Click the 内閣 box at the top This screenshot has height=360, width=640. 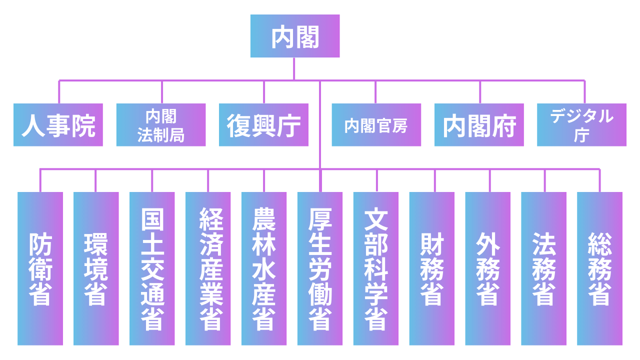(295, 36)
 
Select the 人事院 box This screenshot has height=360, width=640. (58, 125)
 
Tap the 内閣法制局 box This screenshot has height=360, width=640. (161, 125)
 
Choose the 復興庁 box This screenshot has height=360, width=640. (263, 125)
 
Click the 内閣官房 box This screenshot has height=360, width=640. (376, 125)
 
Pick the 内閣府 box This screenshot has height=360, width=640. (479, 125)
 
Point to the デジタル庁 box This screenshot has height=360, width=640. (581, 125)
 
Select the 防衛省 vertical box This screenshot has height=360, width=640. (40, 268)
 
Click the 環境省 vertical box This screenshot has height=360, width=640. (96, 268)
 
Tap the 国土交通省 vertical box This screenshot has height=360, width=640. (152, 268)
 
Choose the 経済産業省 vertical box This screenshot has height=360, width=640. (208, 268)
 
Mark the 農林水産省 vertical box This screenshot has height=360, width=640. (264, 268)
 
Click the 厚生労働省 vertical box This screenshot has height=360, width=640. (320, 268)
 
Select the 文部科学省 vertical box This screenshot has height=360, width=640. (376, 268)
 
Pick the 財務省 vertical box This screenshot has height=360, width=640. (432, 268)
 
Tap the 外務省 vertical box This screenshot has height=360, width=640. (488, 268)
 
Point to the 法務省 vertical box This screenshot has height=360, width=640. (544, 268)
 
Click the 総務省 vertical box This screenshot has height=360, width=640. (600, 268)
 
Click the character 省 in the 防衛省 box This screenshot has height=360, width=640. (40, 293)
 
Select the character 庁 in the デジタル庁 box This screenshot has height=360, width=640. (581, 135)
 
